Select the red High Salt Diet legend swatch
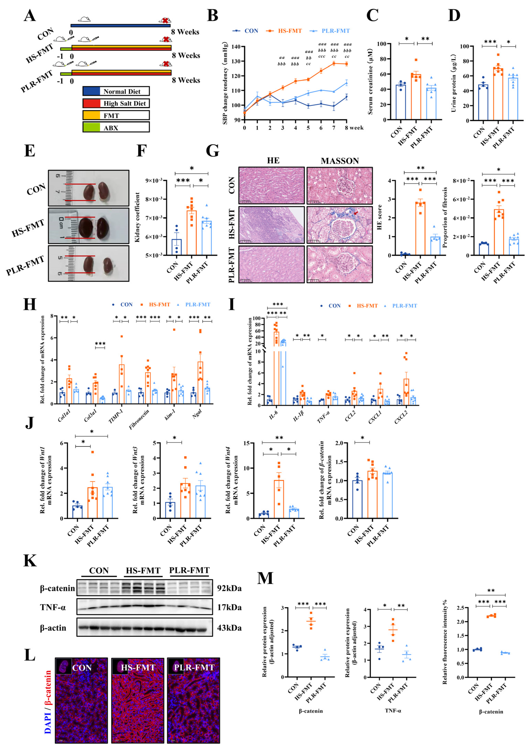coord(91,103)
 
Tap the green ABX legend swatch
coord(91,127)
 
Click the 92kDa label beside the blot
coord(229,588)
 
